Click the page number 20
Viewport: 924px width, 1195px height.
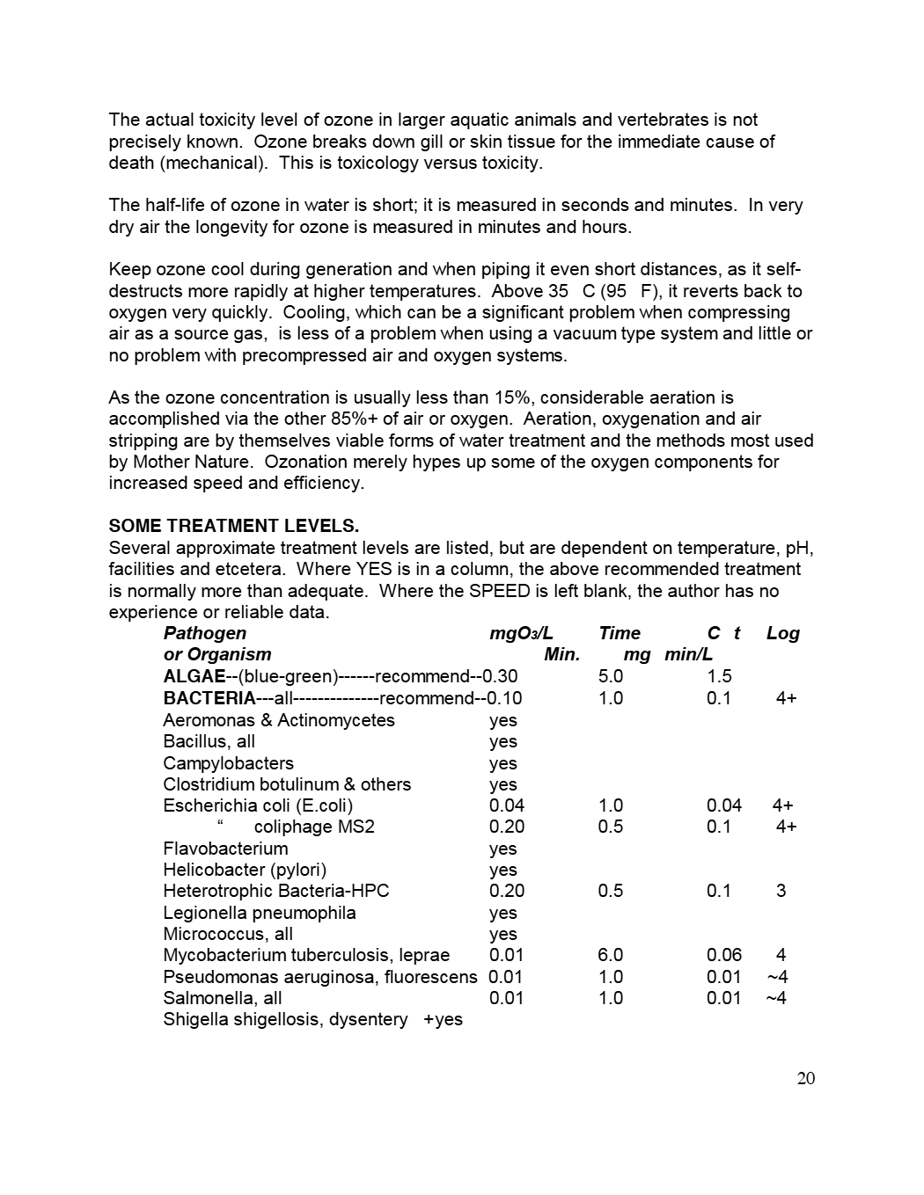point(805,1078)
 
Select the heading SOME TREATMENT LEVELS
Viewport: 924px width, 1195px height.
point(233,526)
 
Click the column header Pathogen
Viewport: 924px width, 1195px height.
point(205,633)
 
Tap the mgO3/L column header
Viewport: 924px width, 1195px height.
point(521,633)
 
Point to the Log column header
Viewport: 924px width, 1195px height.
point(782,633)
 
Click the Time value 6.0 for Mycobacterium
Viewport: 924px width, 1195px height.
point(610,955)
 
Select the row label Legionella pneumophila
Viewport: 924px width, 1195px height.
point(260,913)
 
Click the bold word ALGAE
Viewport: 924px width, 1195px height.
point(194,676)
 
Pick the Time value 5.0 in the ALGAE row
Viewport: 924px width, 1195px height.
point(610,676)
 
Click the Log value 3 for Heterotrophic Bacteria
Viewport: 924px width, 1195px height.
point(781,891)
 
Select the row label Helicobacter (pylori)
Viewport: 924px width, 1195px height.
point(245,870)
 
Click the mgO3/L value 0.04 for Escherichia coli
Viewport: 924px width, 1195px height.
point(506,805)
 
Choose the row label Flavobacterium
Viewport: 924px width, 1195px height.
point(225,849)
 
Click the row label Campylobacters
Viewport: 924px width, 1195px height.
point(228,763)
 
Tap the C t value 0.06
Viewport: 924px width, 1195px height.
point(723,955)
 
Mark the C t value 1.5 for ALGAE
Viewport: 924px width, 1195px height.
point(719,676)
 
